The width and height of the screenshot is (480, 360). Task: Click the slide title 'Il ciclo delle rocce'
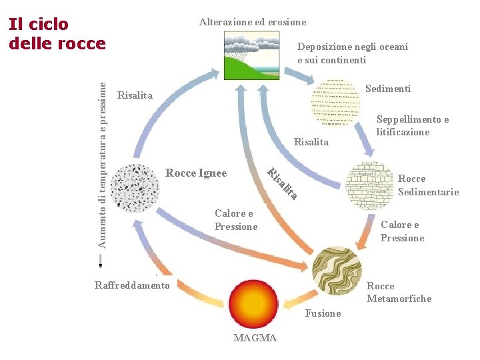tap(57, 34)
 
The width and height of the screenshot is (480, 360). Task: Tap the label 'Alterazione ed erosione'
tap(253, 22)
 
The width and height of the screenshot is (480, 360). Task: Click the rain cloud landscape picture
tap(253, 58)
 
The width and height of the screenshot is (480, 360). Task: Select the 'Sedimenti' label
tap(388, 89)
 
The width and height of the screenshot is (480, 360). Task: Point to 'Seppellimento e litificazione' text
tap(412, 125)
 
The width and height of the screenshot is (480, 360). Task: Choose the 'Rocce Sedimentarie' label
tap(428, 185)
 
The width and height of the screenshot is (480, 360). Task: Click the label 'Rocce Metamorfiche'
tap(399, 292)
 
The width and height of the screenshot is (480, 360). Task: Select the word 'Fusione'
tap(323, 313)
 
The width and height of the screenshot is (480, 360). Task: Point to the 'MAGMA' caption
tap(255, 338)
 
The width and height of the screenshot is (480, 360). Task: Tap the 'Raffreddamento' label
tap(132, 285)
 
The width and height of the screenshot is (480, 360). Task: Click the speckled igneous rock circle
tap(136, 187)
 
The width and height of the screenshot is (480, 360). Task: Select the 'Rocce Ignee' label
tap(196, 173)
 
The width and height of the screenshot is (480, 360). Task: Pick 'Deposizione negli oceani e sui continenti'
tap(352, 53)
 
